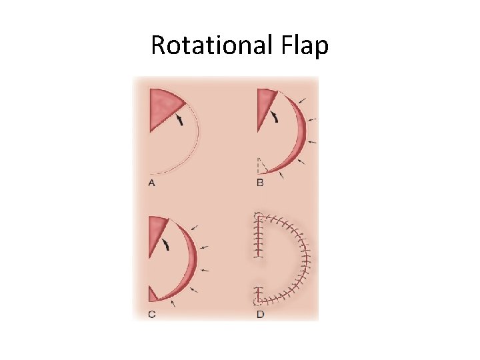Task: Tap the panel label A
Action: coord(152,183)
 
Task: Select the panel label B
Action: coord(260,183)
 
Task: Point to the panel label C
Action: coord(152,314)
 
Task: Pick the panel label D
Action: coord(260,314)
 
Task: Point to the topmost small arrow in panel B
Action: coord(303,101)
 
